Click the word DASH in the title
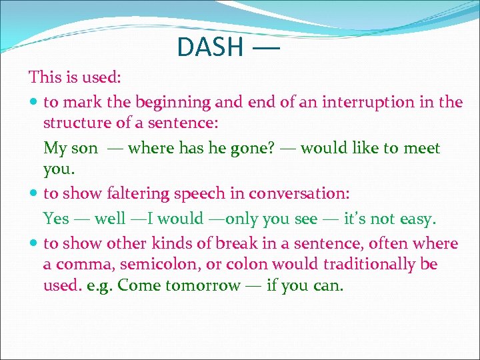tap(210, 47)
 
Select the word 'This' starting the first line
tap(45, 77)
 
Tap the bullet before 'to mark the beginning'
tap(34, 103)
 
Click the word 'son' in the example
tap(85, 147)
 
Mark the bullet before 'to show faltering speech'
tap(34, 194)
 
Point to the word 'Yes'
tap(56, 218)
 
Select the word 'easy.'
tap(418, 218)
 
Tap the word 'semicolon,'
tap(173, 265)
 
